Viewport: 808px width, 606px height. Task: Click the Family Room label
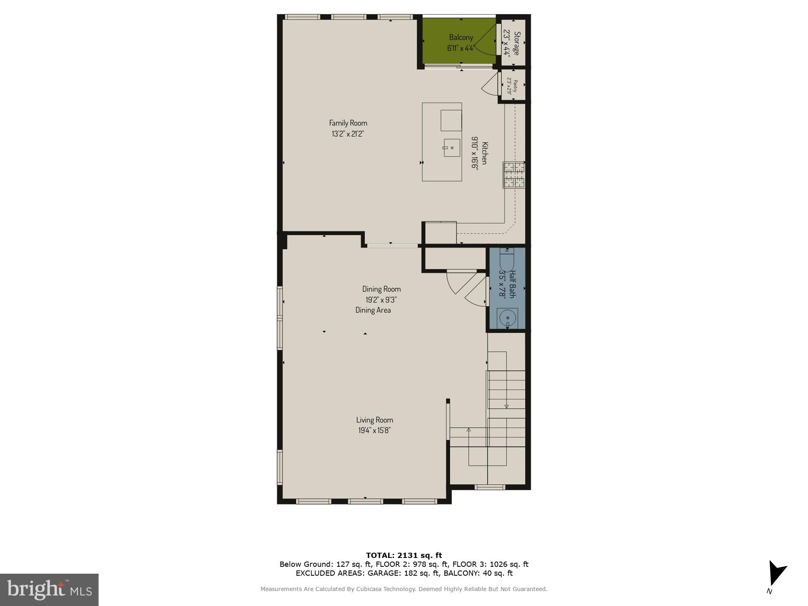348,123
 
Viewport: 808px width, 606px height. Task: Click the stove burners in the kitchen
513,175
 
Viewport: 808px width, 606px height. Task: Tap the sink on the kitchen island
451,148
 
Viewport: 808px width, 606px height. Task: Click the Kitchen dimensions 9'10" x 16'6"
474,154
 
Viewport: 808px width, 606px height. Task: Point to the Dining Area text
373,310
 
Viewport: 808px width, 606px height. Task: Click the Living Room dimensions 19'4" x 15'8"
374,431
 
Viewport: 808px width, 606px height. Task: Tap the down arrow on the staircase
506,406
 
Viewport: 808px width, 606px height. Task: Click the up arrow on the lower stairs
469,430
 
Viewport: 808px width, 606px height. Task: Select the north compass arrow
776,574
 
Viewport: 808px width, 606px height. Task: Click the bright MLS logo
49,589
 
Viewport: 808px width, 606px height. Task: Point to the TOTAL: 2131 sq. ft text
404,555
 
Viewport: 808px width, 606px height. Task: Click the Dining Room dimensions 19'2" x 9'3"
381,300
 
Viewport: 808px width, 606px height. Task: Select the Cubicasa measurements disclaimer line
404,589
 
